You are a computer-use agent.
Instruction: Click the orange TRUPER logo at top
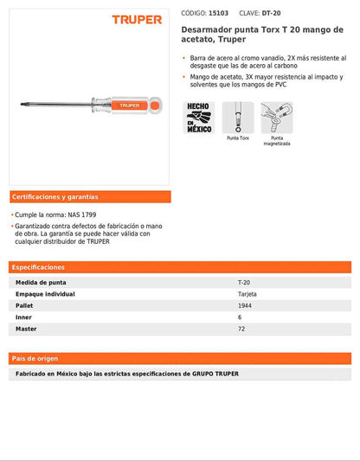[x=137, y=19]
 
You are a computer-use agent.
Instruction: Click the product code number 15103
[x=219, y=13]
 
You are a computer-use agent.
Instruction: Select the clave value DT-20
[x=270, y=13]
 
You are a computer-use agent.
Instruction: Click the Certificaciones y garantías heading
[x=55, y=196]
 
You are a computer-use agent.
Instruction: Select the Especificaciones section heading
[x=39, y=267]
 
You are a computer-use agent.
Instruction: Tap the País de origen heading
[x=35, y=358]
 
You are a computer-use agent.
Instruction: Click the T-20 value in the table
[x=245, y=283]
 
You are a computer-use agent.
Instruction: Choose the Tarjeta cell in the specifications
[x=247, y=294]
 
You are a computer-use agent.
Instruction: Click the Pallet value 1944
[x=246, y=306]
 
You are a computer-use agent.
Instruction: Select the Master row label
[x=26, y=330]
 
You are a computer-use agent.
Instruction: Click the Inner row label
[x=24, y=317]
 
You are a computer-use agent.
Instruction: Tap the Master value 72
[x=241, y=330]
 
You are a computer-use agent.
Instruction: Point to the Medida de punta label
[x=41, y=283]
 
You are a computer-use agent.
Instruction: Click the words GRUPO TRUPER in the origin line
[x=215, y=374]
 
